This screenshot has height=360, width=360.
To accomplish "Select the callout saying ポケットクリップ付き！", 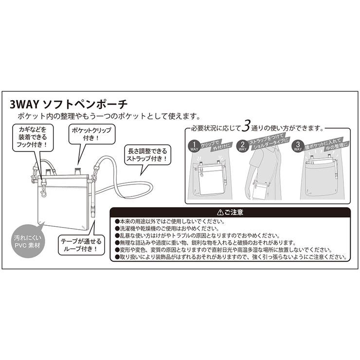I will pyautogui.click(x=91, y=134).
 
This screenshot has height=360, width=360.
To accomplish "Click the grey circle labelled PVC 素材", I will pyautogui.click(x=28, y=240).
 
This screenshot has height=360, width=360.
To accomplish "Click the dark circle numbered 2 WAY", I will pyautogui.click(x=243, y=146).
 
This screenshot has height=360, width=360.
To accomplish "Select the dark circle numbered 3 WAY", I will pyautogui.click(x=295, y=146).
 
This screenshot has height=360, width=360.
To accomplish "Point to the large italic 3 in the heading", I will pyautogui.click(x=247, y=127).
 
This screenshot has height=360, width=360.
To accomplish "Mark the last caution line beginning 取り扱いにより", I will pyautogui.click(x=229, y=256).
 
